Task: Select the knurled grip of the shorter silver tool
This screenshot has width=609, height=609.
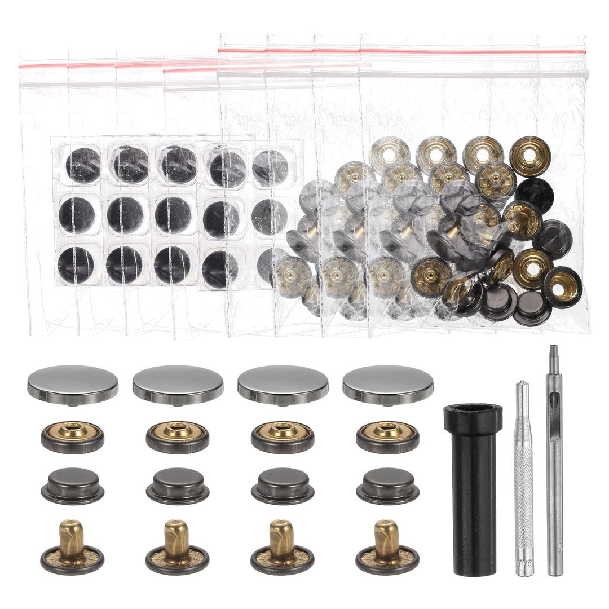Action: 524,485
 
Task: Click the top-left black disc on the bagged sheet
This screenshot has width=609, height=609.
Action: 83,165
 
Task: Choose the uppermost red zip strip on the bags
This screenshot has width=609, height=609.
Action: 401,51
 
